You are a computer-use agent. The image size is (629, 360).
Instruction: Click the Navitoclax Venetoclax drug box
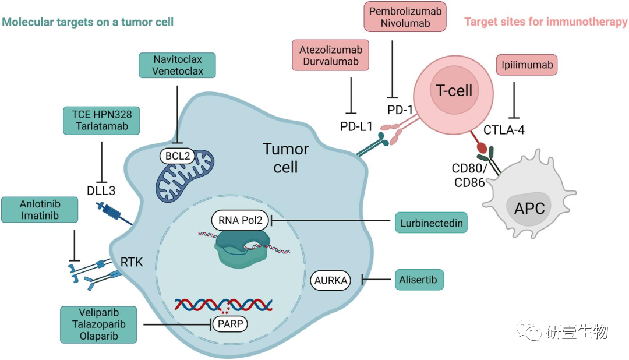pyautogui.click(x=178, y=65)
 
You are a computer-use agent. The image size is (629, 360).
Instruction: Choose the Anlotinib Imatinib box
pyautogui.click(x=40, y=209)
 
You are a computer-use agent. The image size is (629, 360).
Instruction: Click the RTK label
pyautogui.click(x=132, y=263)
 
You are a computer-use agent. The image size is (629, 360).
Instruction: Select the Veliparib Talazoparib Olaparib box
pyautogui.click(x=98, y=324)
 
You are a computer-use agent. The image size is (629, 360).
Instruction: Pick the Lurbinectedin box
pyautogui.click(x=431, y=222)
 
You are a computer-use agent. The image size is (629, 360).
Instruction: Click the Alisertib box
pyautogui.click(x=419, y=279)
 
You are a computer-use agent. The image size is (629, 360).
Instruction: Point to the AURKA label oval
pyautogui.click(x=331, y=281)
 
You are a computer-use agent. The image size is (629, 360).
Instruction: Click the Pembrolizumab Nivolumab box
pyautogui.click(x=405, y=17)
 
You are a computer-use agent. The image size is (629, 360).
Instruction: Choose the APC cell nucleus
pyautogui.click(x=529, y=207)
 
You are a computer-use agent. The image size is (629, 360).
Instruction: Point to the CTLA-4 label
pyautogui.click(x=504, y=130)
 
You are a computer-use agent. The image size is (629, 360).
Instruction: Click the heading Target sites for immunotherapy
pyautogui.click(x=546, y=23)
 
